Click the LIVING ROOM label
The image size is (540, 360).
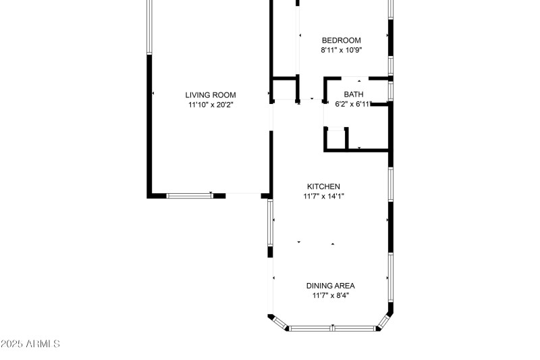[211, 95]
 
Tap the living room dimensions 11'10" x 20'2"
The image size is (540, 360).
[211, 105]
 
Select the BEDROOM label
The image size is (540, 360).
[341, 41]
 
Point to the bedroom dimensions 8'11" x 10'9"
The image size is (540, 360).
[341, 50]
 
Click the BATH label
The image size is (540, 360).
[354, 95]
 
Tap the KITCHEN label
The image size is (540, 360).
[323, 186]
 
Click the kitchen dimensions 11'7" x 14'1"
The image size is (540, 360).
[323, 197]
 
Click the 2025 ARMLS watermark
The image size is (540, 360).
[30, 344]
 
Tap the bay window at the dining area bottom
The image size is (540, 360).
[333, 328]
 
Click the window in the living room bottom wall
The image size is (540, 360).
[190, 196]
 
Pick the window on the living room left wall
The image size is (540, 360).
[149, 27]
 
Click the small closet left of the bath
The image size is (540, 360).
[285, 89]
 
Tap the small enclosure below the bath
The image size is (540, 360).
[335, 138]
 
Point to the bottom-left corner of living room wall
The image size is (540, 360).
[150, 195]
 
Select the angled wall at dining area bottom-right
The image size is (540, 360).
[385, 321]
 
